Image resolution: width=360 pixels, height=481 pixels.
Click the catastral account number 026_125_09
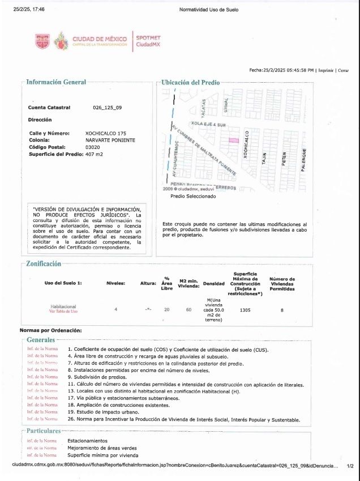pos(107,107)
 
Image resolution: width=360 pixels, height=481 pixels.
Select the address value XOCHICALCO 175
pos(106,133)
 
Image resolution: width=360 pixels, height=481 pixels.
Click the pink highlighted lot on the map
pos(233,140)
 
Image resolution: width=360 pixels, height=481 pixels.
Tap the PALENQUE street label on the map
pos(304,160)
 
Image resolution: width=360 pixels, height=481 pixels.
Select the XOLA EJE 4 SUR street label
pos(209,123)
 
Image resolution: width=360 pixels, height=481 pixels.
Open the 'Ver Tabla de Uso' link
pos(63,312)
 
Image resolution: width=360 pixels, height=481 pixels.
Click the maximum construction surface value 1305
pos(245,309)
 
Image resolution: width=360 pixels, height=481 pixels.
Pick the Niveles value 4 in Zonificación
pos(115,309)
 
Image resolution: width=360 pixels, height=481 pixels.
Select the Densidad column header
pos(213,283)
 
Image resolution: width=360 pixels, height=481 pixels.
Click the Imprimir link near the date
pos(325,70)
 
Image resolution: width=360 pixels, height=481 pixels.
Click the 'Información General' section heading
pos(56,82)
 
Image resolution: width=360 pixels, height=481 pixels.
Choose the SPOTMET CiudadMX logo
pos(148,41)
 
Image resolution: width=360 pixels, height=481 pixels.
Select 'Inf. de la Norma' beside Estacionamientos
pos(42,440)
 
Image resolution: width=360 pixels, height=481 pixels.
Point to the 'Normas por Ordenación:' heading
pos(51,330)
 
